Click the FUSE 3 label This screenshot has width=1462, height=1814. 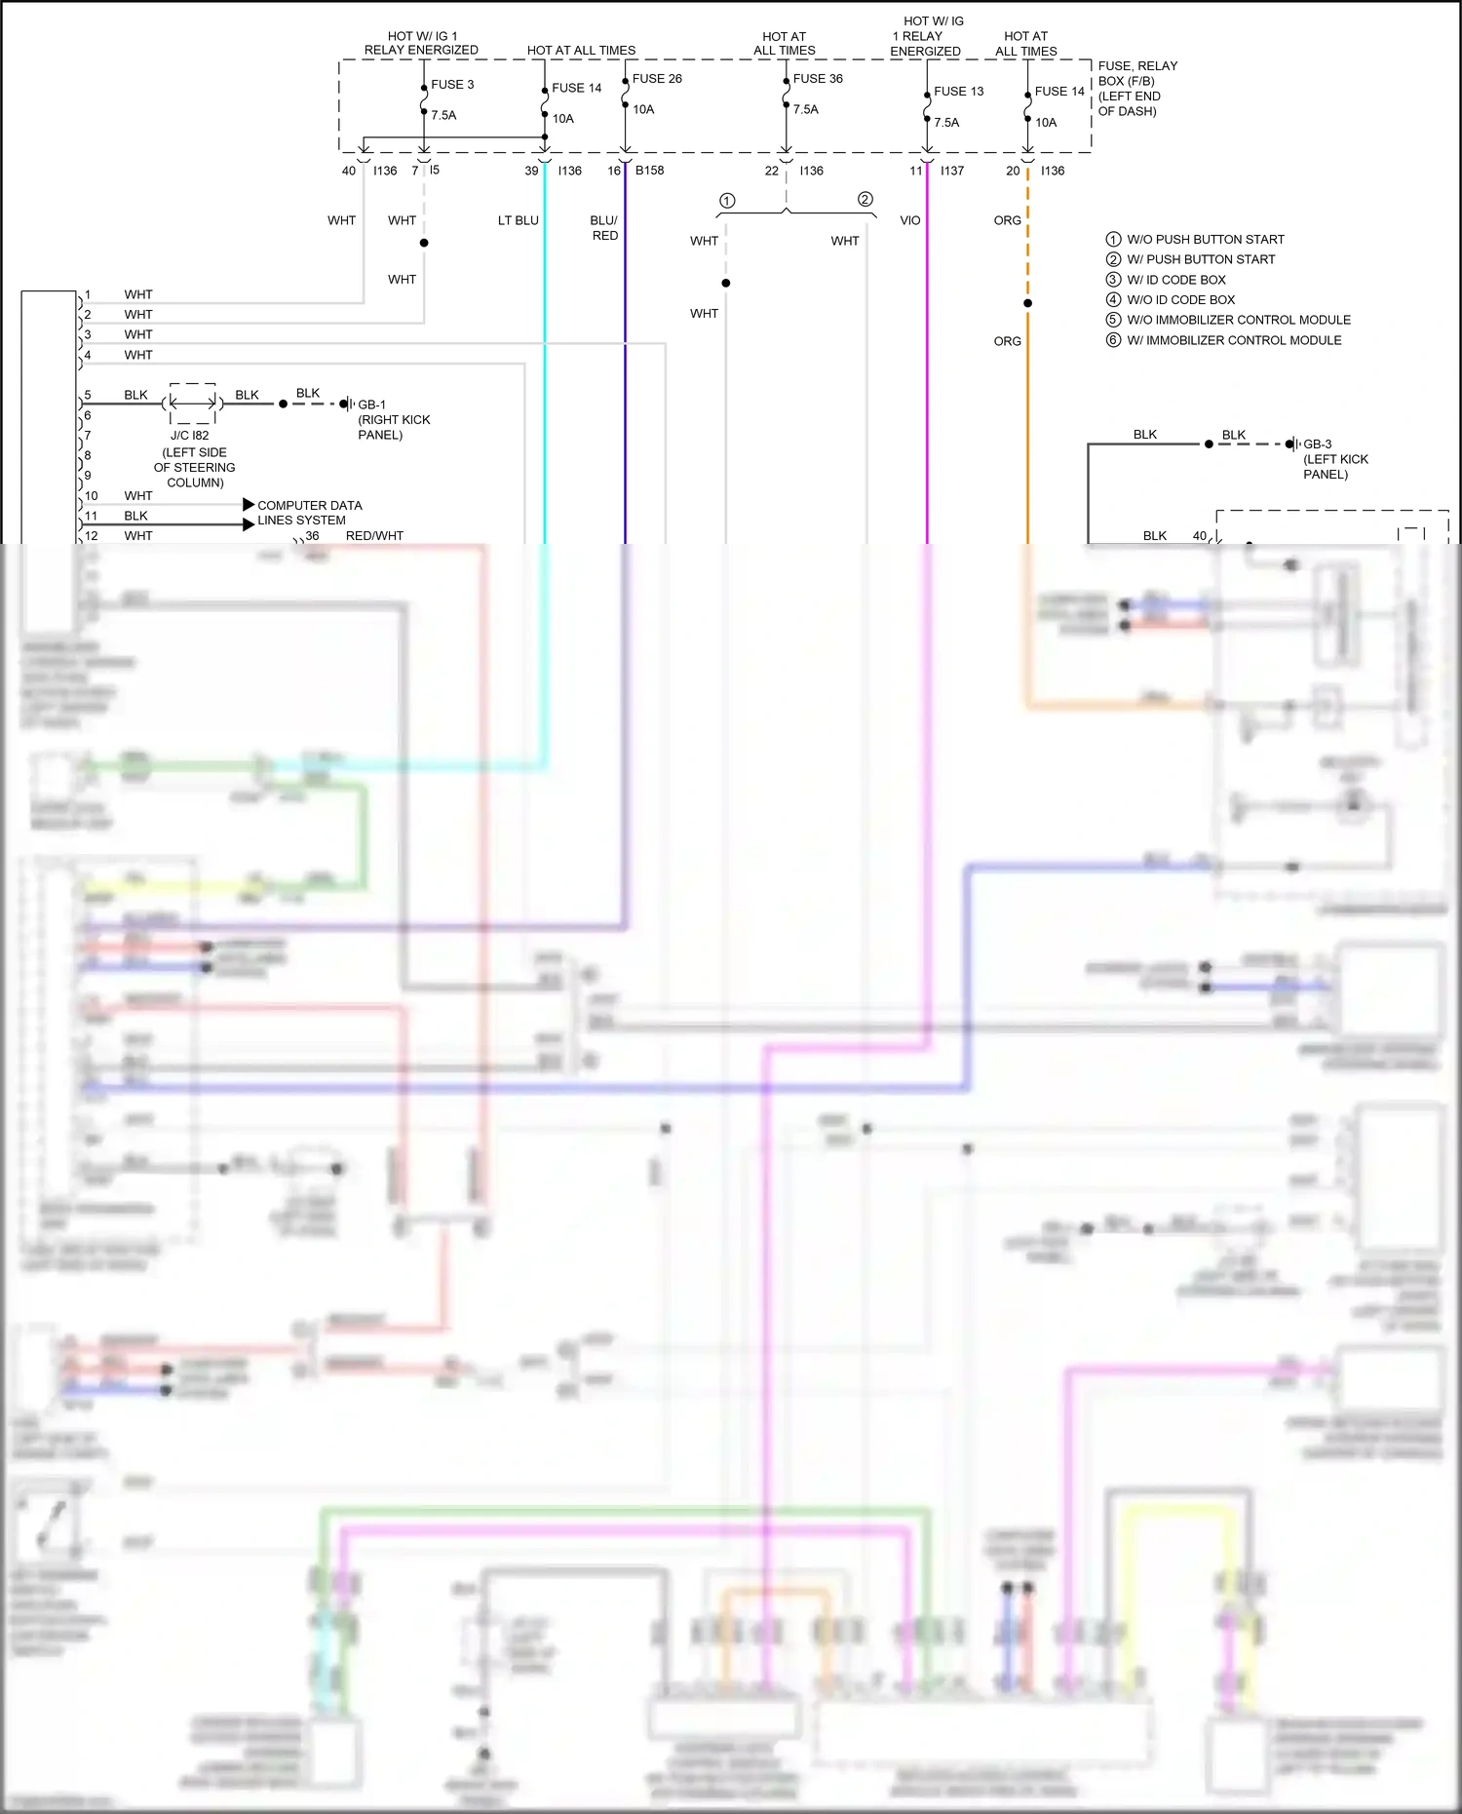coord(452,85)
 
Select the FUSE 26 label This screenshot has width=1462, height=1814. coord(656,79)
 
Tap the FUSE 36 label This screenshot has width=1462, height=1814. coord(817,79)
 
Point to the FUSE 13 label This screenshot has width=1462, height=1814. coord(958,92)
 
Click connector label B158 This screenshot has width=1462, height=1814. coord(649,171)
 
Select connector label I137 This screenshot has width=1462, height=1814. coord(951,171)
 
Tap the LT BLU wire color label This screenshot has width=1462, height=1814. coord(518,220)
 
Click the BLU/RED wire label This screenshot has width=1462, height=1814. coord(604,228)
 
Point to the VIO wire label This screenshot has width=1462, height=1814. coord(909,220)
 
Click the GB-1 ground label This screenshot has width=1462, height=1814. coord(371,405)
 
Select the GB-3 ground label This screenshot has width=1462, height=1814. coord(1317,444)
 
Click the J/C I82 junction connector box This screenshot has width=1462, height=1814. coord(192,404)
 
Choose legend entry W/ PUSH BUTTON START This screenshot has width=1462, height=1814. coord(1200,259)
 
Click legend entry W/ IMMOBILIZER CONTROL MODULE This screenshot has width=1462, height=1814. coord(1233,340)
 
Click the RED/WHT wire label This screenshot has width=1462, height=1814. coord(374,536)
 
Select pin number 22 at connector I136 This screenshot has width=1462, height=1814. coord(771,171)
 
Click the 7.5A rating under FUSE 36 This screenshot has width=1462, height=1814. coord(805,109)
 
